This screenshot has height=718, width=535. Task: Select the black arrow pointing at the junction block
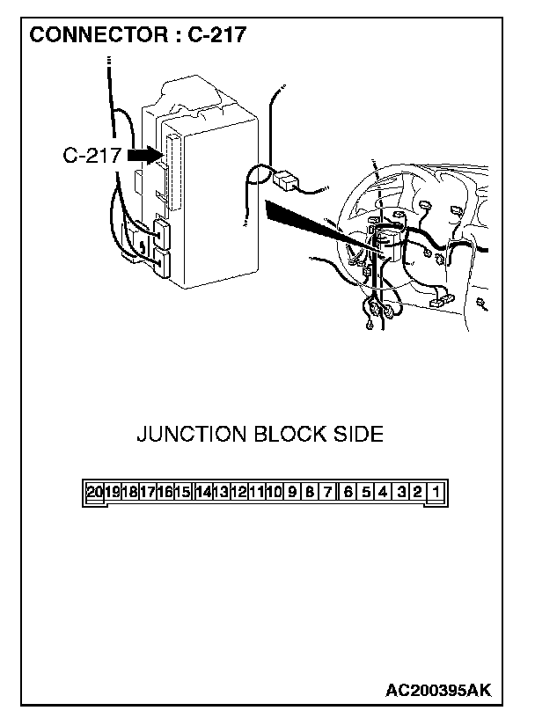143,155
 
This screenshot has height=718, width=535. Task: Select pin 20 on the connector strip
95,493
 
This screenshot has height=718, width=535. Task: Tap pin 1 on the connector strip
437,493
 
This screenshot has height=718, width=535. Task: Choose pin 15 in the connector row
183,493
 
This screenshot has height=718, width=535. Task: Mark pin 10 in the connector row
274,493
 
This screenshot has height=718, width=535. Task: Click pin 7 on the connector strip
327,493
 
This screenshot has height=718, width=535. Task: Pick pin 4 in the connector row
383,493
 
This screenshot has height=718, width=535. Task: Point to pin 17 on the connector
148,493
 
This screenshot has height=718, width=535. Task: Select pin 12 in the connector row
238,493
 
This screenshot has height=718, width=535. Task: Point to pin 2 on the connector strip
418,493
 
